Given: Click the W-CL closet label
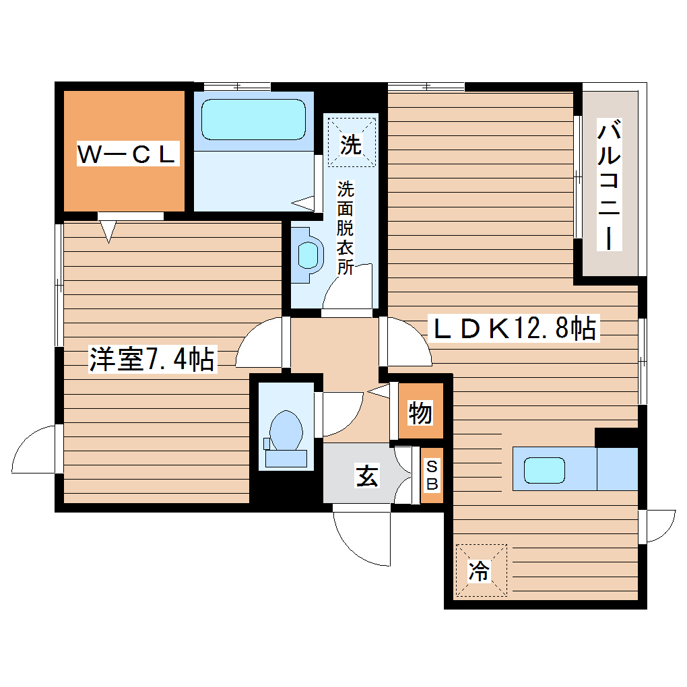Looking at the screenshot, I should [127, 155].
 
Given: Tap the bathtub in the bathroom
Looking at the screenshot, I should [253, 120].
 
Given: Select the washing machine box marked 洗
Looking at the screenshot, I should [350, 143].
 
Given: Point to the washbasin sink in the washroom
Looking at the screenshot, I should [308, 254].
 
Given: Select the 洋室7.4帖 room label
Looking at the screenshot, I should [152, 359].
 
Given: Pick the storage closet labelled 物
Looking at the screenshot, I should [420, 412].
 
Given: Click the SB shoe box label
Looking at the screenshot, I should [432, 475].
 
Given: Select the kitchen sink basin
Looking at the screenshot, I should [544, 469].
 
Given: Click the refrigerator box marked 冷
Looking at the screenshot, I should [480, 570].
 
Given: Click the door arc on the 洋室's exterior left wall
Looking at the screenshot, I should [34, 450].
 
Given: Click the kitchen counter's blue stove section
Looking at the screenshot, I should [617, 469].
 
